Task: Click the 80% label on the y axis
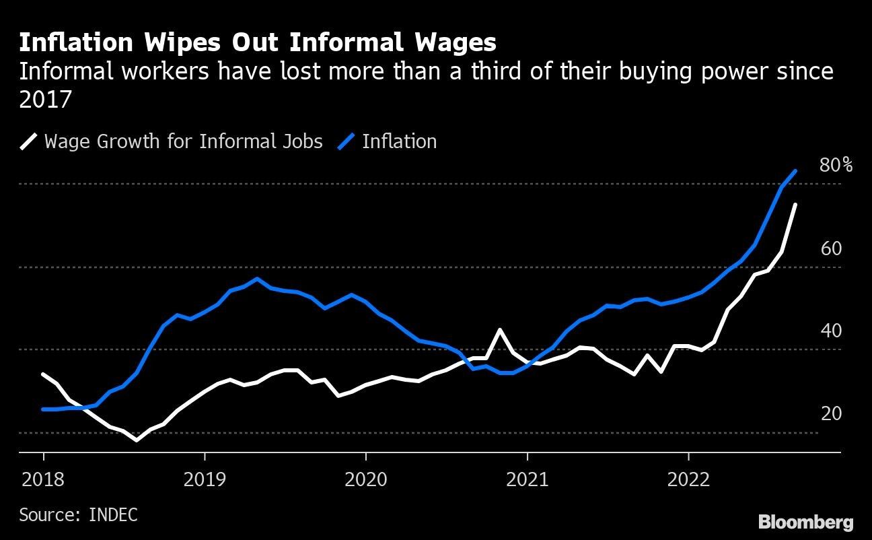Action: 836,165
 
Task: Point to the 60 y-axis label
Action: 831,248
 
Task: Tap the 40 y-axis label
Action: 831,331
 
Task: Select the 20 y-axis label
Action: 831,413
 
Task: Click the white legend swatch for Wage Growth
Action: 28,141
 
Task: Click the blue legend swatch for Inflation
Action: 347,141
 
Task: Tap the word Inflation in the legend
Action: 399,141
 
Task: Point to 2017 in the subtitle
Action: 45,100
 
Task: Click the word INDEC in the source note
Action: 113,515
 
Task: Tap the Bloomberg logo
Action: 805,521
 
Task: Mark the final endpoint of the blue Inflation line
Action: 796,171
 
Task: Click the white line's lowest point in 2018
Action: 137,440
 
